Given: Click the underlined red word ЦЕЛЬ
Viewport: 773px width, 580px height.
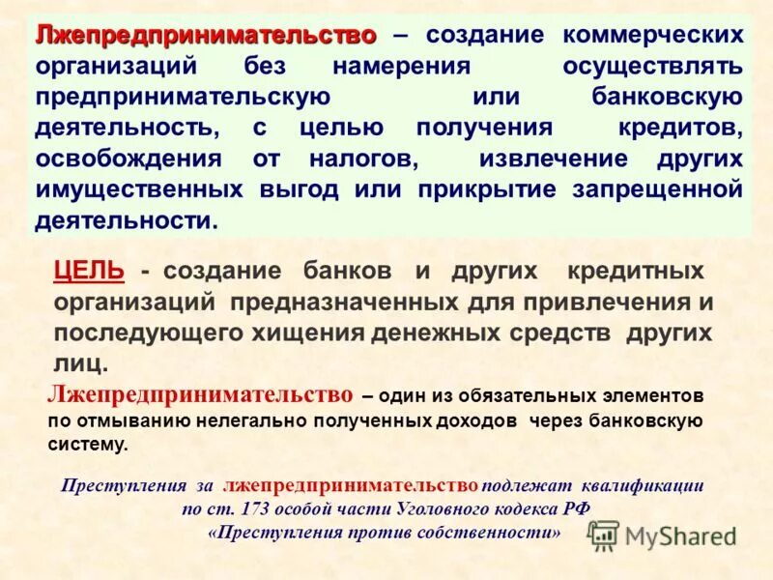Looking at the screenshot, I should [89, 272].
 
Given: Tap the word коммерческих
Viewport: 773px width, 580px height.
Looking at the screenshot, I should [655, 36].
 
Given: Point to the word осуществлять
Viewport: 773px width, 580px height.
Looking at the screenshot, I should [654, 67].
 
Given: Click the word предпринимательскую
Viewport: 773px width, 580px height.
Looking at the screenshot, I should [184, 98].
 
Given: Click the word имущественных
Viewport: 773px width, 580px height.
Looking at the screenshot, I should [140, 189].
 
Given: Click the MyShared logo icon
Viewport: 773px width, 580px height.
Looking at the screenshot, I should [603, 535].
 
